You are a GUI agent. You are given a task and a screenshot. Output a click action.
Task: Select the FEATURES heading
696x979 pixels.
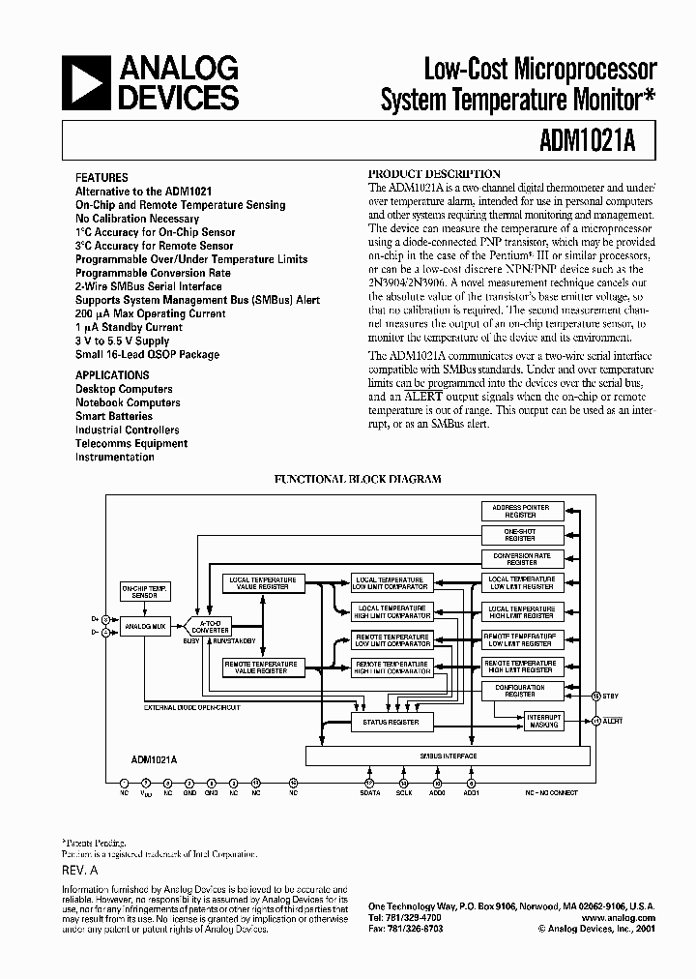tap(101, 178)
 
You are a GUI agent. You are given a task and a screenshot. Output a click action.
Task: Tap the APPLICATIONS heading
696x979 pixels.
tap(112, 375)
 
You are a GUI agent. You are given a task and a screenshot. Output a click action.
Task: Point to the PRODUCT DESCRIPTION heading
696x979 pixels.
tap(435, 174)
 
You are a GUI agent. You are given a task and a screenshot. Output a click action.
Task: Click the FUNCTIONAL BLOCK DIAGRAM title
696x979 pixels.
tap(358, 479)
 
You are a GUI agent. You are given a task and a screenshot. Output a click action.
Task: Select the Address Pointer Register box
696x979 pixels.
tap(521, 511)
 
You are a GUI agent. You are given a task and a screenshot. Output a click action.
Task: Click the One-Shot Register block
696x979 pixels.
tap(521, 535)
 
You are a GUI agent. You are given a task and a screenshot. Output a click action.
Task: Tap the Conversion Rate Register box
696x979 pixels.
tap(521, 558)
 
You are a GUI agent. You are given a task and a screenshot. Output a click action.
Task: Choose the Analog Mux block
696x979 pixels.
tap(144, 627)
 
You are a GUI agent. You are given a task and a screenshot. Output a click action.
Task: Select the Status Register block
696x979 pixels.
tap(391, 722)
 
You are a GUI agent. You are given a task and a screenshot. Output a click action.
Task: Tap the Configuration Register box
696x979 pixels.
tap(521, 690)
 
